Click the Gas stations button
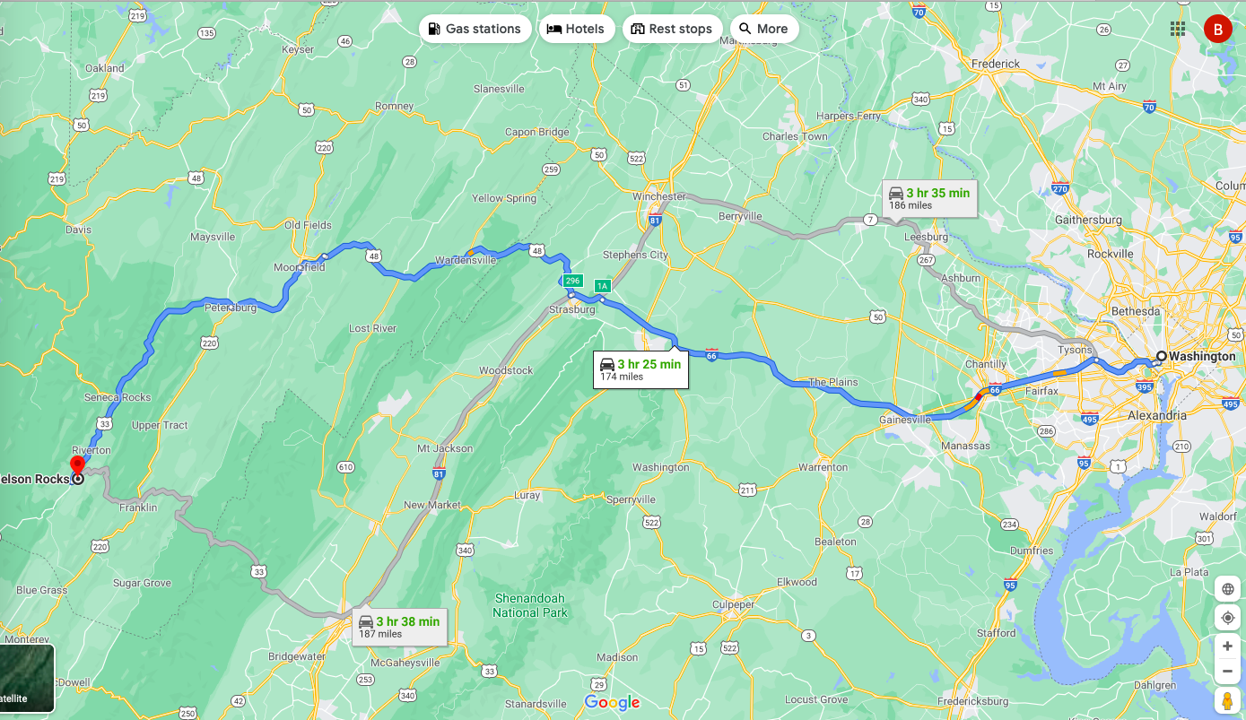(x=474, y=29)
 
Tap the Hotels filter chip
(x=576, y=29)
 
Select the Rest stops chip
(x=671, y=29)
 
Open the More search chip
(x=763, y=29)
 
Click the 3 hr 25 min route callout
(x=640, y=369)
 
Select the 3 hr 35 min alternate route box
(x=928, y=198)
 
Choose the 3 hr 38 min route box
(x=398, y=627)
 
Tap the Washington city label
(x=1202, y=356)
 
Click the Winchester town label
(x=658, y=196)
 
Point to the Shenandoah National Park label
(x=530, y=605)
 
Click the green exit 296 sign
(x=573, y=281)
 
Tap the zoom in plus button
(x=1227, y=646)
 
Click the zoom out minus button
(x=1227, y=672)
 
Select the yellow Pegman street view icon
(x=1227, y=701)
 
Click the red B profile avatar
(x=1217, y=30)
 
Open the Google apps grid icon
(x=1178, y=30)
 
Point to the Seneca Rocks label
(x=118, y=397)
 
